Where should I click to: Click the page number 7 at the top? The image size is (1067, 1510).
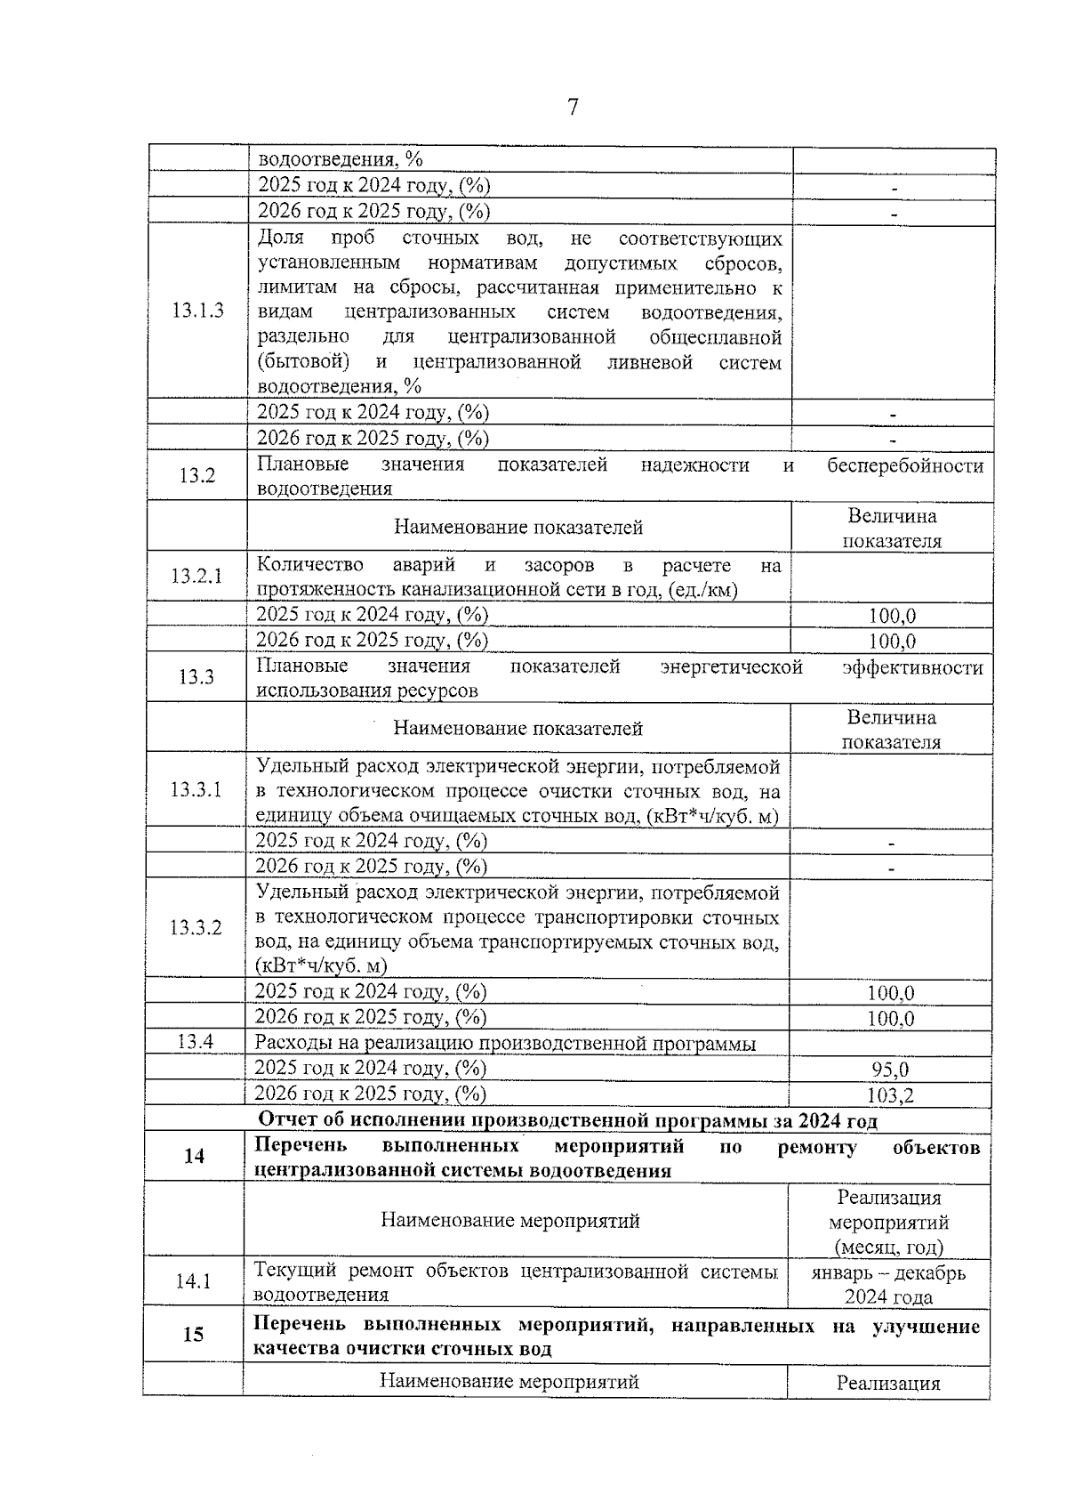point(573,108)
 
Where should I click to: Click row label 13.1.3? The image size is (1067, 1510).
point(197,311)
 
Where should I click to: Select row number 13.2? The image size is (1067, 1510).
point(197,475)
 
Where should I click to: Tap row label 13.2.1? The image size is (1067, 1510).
point(197,576)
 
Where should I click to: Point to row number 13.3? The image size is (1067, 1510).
point(197,677)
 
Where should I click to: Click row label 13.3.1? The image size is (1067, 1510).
point(196,789)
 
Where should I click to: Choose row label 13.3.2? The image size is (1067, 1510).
point(196,928)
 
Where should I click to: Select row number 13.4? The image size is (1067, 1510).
point(195,1042)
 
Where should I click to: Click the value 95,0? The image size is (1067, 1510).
point(890,1070)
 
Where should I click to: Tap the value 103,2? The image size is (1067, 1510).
point(890,1095)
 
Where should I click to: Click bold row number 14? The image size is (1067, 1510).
point(194,1156)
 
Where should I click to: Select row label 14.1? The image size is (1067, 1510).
point(193,1281)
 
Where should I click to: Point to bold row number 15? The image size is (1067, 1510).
point(193,1334)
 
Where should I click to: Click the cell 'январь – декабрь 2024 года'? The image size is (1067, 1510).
point(888,1285)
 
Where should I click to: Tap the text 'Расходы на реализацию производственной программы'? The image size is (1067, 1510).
point(505,1044)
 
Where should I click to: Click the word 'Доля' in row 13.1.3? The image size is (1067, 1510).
point(280,238)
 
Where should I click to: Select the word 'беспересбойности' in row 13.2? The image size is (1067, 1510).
point(904,465)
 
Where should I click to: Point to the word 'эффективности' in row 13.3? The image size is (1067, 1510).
point(911,667)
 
